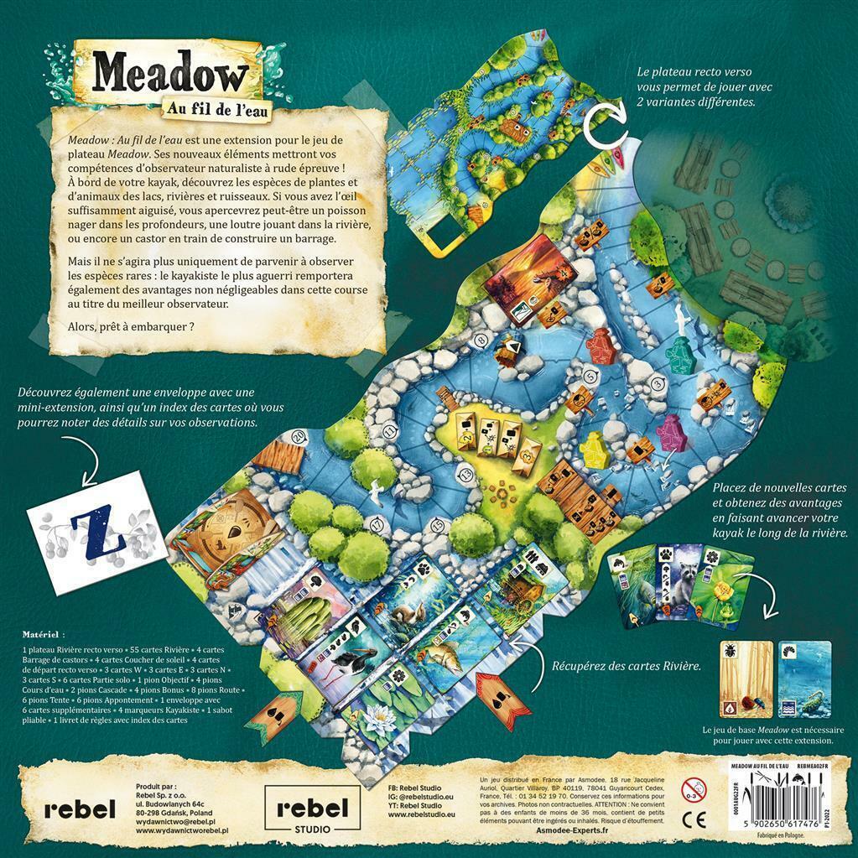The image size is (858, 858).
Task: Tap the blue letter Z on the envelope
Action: click(x=84, y=527)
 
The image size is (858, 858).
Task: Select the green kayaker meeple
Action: click(x=680, y=356)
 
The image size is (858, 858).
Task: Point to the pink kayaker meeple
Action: click(x=668, y=431)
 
